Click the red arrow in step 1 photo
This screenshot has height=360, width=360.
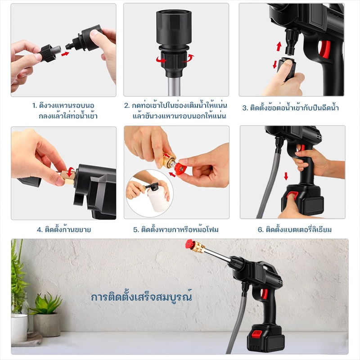click(x=65, y=54)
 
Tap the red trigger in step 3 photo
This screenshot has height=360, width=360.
click(x=324, y=49)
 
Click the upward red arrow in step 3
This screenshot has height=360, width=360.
click(x=279, y=46)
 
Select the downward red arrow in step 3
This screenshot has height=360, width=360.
click(x=275, y=64)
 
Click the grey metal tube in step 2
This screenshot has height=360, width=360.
click(x=174, y=86)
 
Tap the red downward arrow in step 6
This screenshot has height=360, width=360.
click(x=286, y=176)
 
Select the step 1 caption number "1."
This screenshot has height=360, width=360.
click(x=35, y=106)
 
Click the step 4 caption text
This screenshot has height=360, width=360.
click(x=64, y=229)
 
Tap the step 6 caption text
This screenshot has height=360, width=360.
click(x=295, y=229)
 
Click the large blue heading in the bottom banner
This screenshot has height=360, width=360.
click(x=141, y=297)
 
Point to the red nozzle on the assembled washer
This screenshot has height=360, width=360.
click(x=189, y=244)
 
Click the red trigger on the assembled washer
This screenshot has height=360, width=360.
click(x=265, y=294)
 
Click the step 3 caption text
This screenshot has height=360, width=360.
click(x=290, y=108)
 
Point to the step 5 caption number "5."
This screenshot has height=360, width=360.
click(x=136, y=229)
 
